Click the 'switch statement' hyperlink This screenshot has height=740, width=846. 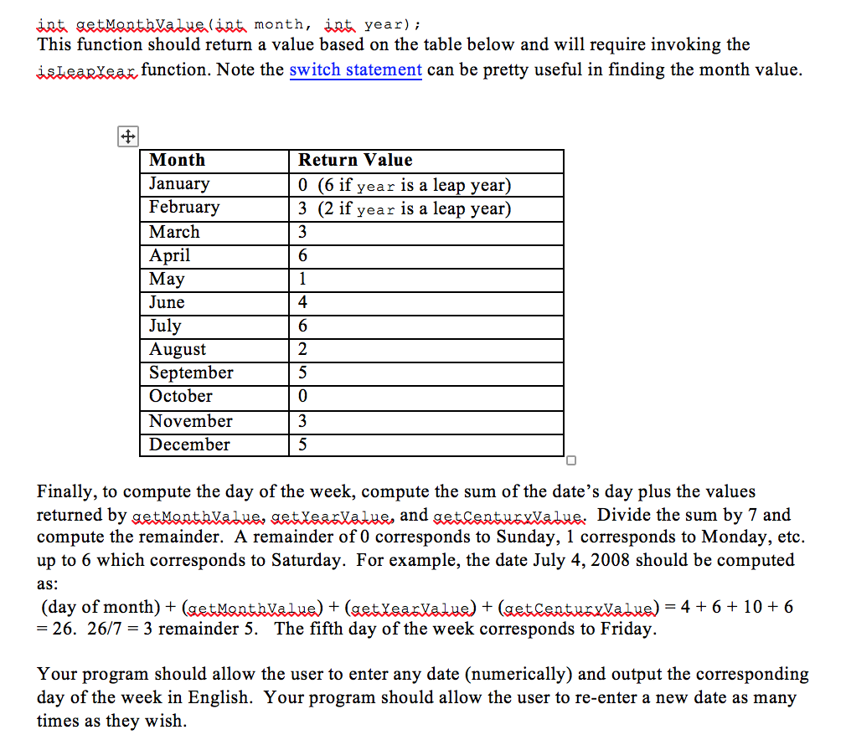click(355, 69)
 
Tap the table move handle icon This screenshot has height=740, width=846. click(127, 137)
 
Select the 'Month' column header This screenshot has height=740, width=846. click(177, 160)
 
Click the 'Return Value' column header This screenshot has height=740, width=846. click(355, 160)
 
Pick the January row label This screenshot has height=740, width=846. click(179, 183)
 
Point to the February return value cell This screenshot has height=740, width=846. click(405, 208)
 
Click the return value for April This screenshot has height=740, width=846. click(303, 255)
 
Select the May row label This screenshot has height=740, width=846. click(167, 279)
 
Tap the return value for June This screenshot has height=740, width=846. click(303, 302)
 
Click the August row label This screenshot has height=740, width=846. click(178, 349)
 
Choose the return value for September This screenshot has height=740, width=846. click(303, 373)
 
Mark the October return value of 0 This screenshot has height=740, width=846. click(303, 396)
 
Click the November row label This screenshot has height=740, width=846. click(191, 421)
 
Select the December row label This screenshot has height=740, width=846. click(189, 445)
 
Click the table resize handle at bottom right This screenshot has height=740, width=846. click(570, 460)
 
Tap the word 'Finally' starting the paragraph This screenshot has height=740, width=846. click(67, 492)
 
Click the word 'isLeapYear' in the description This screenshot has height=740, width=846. click(86, 69)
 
